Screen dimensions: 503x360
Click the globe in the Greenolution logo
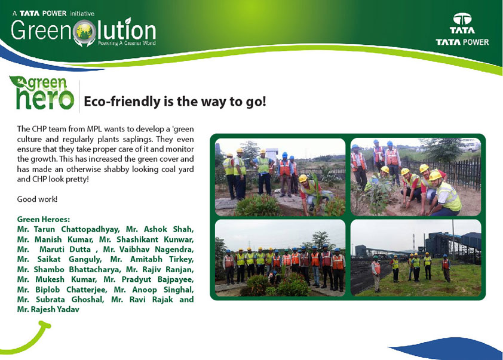[84, 31]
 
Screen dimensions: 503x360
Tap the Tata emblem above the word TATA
[462, 19]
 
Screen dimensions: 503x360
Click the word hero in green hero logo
[45, 99]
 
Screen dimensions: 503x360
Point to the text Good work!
[37, 199]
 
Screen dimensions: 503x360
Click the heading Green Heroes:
[43, 219]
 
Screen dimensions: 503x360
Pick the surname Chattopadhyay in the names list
[90, 229]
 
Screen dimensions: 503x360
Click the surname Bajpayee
[174, 279]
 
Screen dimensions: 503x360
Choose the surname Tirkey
[181, 259]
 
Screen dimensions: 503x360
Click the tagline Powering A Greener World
[127, 43]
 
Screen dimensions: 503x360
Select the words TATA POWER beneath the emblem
[462, 42]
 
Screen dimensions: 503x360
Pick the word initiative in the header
[82, 14]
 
